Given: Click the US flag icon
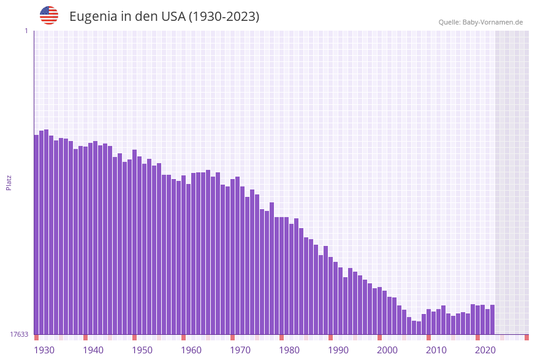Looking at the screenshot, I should (x=49, y=15).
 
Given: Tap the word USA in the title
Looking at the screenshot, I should (x=173, y=17).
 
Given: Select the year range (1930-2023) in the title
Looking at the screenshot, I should (x=224, y=17).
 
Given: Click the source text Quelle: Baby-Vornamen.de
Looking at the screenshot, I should (x=480, y=22).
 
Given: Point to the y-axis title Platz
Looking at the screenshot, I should (x=9, y=182).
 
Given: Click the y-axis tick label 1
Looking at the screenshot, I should (x=26, y=31).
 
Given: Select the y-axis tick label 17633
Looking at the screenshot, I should (x=19, y=334).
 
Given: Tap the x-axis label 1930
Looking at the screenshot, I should (x=44, y=350).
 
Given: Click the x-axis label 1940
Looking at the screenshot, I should (x=93, y=350).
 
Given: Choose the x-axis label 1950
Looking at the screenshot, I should (x=142, y=350).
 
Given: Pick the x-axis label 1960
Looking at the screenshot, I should (x=191, y=350).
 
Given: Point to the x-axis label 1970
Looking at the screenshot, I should (x=240, y=350).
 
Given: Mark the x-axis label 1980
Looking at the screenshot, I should (x=289, y=350).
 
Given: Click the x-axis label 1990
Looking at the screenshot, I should (x=338, y=350).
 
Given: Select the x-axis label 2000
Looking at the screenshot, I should (x=387, y=350).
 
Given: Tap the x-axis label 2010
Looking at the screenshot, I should (x=436, y=350).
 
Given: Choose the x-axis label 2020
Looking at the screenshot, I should (x=485, y=350).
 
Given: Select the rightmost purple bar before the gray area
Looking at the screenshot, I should (x=492, y=320).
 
